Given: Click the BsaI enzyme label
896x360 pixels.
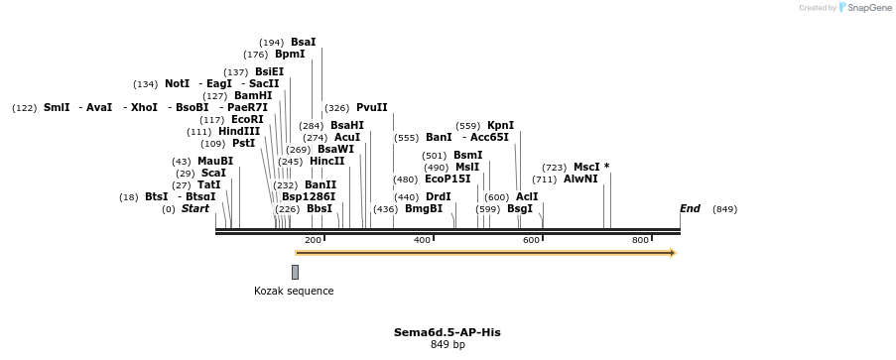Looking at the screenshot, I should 303,43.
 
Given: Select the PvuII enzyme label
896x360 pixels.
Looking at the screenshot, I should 372,107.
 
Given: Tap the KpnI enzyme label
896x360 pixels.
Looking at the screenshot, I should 500,125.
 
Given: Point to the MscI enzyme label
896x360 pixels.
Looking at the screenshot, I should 587,167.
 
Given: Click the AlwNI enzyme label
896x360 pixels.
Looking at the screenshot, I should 580,180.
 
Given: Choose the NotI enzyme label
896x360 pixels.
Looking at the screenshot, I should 177,83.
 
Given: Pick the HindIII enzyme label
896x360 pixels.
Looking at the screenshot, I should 239,131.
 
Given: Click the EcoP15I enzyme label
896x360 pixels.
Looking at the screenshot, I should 448,180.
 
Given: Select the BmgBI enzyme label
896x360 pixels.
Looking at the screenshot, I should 424,209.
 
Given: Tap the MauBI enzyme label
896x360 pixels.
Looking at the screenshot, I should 215,161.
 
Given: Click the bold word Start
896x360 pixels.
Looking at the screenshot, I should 195,209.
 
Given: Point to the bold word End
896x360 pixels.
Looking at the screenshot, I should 690,209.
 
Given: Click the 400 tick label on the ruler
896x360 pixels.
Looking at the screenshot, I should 423,240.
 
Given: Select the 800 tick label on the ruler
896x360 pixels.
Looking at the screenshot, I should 640,240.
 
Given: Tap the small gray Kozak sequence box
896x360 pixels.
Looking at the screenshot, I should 295,272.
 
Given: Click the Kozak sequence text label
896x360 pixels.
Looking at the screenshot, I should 294,291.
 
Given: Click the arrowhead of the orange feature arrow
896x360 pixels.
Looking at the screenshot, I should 673,253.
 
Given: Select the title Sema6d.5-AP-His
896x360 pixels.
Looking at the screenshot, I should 448,332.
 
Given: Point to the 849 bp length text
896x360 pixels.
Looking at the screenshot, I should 448,345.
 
